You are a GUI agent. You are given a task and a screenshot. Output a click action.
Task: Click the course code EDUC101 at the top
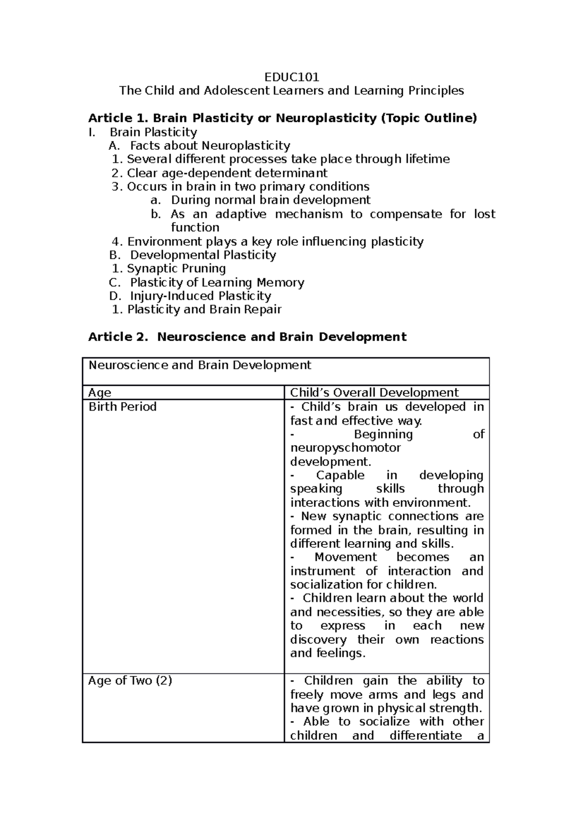(291, 77)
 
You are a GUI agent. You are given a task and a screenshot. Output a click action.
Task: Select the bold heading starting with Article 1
(282, 118)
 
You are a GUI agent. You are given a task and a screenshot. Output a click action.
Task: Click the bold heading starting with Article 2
(247, 337)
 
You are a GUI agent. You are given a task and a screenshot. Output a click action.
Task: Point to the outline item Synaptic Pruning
(176, 269)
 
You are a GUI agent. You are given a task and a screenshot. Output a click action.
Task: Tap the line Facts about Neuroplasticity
(210, 146)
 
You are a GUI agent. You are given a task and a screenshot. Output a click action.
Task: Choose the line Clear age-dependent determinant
(227, 173)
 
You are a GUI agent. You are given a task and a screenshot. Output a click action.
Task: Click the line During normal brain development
(271, 200)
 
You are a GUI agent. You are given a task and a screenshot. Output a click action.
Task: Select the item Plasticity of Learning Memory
(217, 282)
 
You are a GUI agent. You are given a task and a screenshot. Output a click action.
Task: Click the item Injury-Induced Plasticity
(200, 296)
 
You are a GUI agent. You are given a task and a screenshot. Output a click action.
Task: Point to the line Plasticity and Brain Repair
(204, 309)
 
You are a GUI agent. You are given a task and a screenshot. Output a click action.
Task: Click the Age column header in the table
(100, 393)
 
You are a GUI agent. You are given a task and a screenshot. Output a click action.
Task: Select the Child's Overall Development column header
(374, 393)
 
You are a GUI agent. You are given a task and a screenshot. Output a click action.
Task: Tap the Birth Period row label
(122, 407)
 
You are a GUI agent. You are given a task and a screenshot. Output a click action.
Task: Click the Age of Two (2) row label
(130, 681)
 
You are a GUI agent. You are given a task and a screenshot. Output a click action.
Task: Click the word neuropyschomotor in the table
(345, 447)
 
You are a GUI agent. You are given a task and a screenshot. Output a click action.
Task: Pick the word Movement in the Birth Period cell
(345, 557)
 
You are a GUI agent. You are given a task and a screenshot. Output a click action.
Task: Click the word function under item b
(195, 227)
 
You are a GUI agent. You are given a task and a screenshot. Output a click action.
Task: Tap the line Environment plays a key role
(275, 241)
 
